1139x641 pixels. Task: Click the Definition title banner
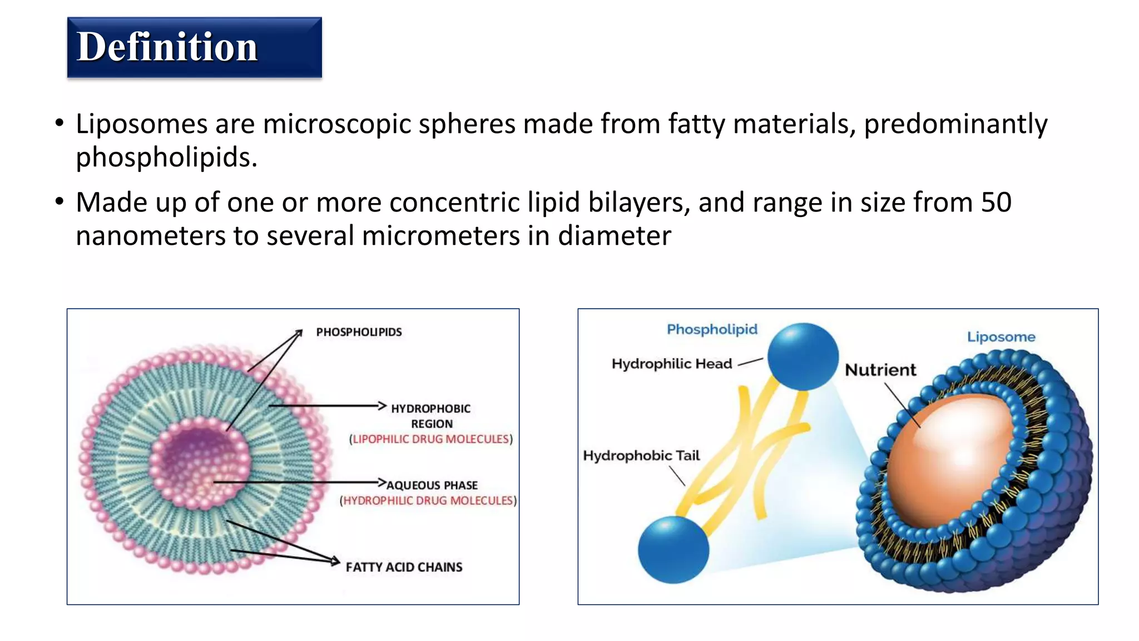[194, 47]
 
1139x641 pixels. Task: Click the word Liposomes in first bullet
[141, 124]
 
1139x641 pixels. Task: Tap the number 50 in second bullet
[996, 202]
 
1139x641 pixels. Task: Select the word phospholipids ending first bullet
[166, 157]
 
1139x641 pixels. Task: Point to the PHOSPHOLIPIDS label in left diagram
[359, 332]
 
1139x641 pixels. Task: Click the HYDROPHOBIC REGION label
[431, 416]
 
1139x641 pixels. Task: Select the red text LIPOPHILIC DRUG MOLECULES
[431, 439]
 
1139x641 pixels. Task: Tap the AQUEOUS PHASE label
[432, 485]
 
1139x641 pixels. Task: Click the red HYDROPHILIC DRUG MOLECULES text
[428, 501]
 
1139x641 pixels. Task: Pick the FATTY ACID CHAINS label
[404, 567]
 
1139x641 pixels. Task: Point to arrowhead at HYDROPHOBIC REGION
[382, 406]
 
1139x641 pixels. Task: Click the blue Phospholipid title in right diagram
[712, 329]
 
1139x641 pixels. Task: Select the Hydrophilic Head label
[671, 364]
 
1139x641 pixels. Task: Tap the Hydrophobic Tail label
[641, 456]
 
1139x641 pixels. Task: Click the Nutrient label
[880, 370]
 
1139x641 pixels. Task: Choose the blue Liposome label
[1001, 337]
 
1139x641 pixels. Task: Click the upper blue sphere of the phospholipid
[803, 357]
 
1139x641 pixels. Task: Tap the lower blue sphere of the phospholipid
[673, 549]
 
